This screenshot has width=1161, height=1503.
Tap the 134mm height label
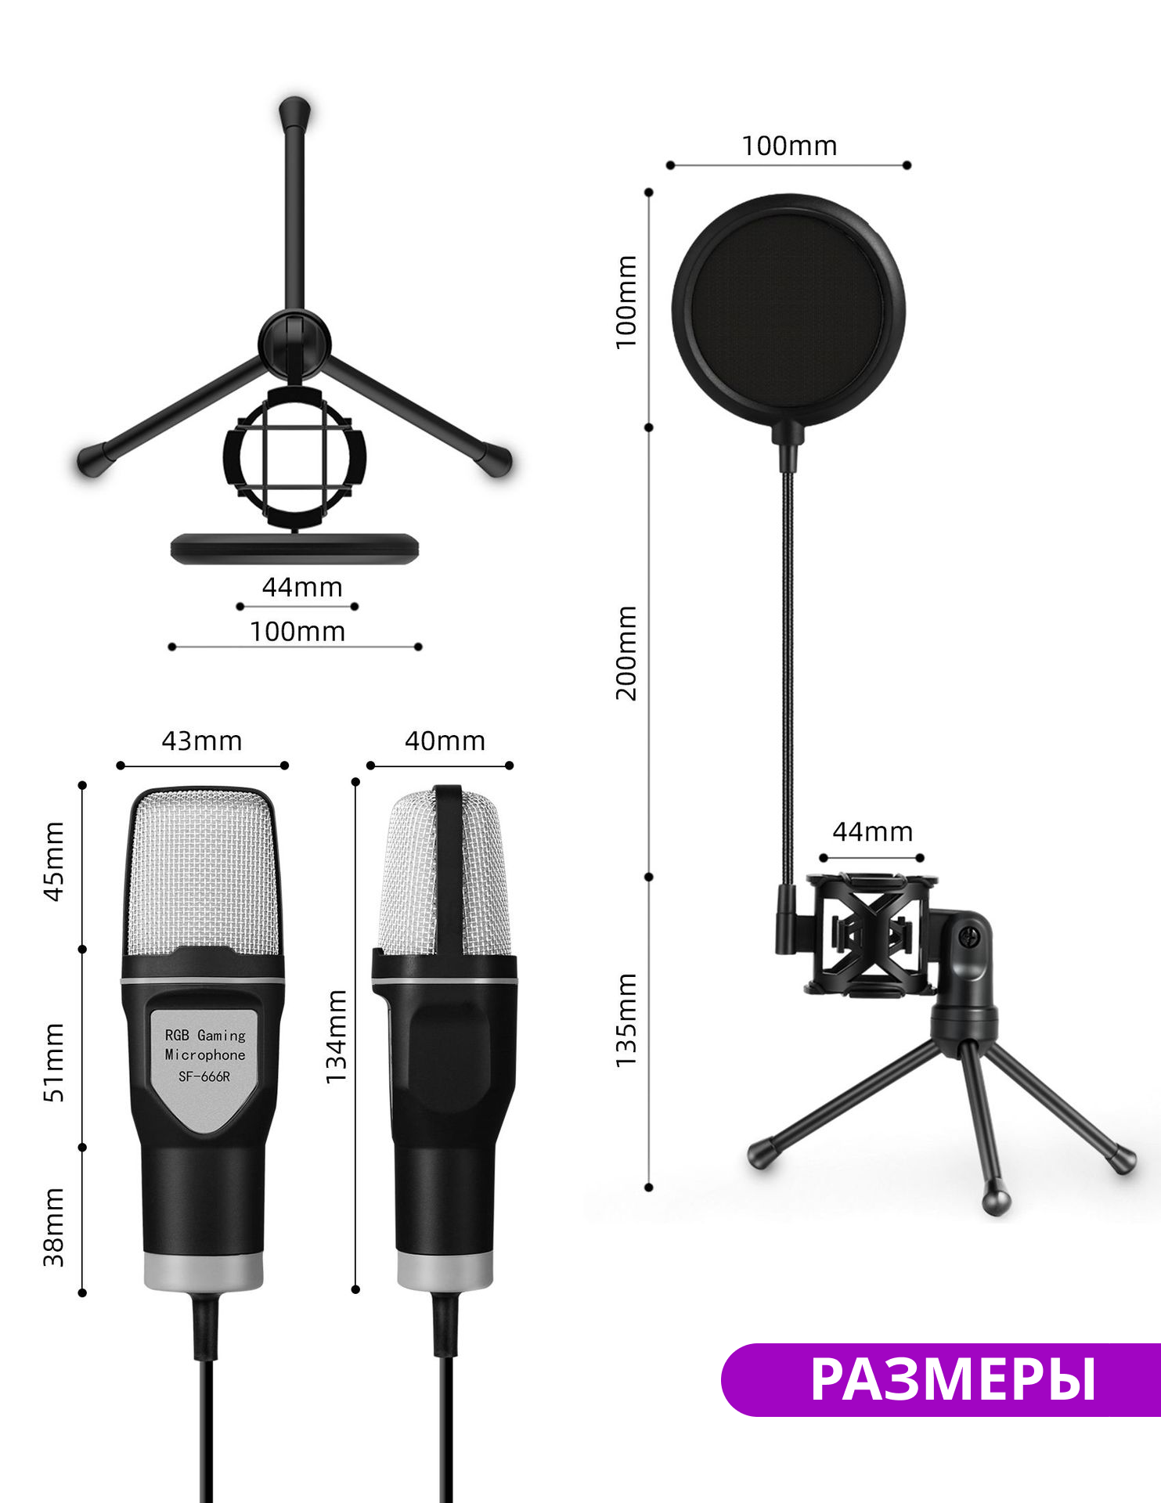click(336, 1036)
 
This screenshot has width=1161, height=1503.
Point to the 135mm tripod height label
click(626, 1020)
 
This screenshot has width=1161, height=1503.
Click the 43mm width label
click(202, 741)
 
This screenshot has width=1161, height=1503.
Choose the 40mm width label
click(445, 741)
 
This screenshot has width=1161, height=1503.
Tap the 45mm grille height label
click(53, 861)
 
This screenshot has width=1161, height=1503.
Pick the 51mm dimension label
click(53, 1062)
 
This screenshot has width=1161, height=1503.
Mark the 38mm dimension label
click(53, 1227)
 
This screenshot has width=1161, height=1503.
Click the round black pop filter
click(788, 311)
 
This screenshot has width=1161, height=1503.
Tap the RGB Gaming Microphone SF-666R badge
click(204, 1057)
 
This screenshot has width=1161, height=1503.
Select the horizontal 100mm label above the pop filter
click(789, 146)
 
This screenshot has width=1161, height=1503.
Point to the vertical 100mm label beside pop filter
click(626, 302)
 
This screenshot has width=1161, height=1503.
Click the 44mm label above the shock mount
click(872, 831)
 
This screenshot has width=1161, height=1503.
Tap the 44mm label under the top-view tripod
click(302, 587)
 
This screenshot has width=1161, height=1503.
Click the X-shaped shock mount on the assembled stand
click(871, 934)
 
